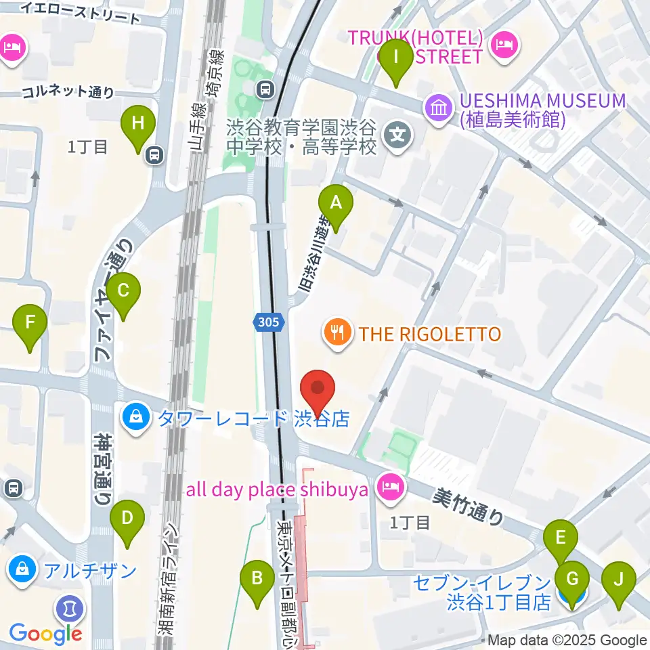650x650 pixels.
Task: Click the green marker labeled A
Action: click(337, 203)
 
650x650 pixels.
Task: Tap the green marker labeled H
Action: click(138, 125)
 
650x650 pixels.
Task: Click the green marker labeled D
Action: click(127, 521)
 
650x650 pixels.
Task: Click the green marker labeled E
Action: click(561, 539)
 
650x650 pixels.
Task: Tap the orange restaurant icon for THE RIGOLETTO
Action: click(337, 333)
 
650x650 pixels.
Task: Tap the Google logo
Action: click(45, 634)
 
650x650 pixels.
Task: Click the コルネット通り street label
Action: click(68, 93)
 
